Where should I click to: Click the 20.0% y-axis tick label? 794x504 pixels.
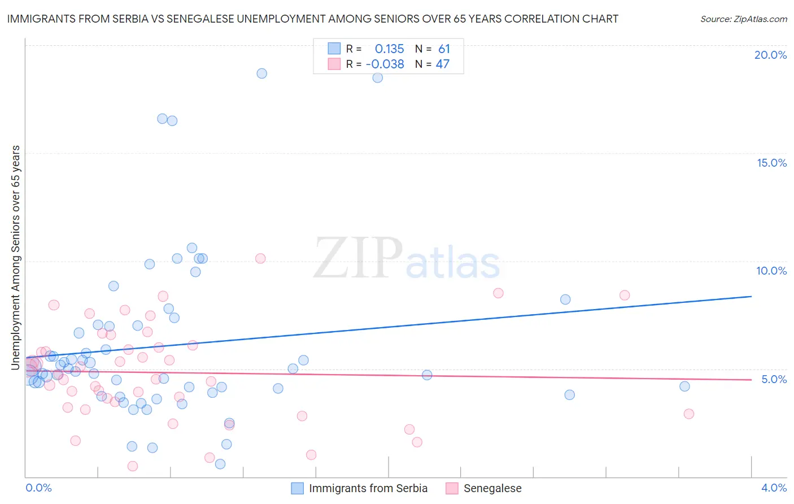pyautogui.click(x=770, y=55)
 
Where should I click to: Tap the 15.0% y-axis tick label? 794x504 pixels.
pyautogui.click(x=771, y=163)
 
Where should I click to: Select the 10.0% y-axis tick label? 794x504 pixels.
pyautogui.click(x=771, y=271)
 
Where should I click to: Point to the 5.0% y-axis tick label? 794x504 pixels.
pyautogui.click(x=774, y=379)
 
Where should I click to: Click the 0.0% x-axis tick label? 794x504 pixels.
pyautogui.click(x=38, y=488)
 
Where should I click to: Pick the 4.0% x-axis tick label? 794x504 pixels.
pyautogui.click(x=774, y=488)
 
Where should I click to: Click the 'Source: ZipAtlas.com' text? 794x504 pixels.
pyautogui.click(x=743, y=19)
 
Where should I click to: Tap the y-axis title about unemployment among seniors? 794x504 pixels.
pyautogui.click(x=15, y=258)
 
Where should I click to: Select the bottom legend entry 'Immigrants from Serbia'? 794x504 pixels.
pyautogui.click(x=368, y=488)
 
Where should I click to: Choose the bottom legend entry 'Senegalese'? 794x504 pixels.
pyautogui.click(x=492, y=488)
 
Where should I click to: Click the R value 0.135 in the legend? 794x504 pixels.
pyautogui.click(x=389, y=49)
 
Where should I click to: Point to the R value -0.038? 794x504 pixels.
pyautogui.click(x=385, y=64)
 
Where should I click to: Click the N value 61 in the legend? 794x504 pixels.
pyautogui.click(x=444, y=49)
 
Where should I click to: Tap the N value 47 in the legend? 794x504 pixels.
pyautogui.click(x=443, y=64)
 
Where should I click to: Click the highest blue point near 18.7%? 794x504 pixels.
pyautogui.click(x=261, y=73)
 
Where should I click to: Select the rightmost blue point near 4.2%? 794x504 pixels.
pyautogui.click(x=684, y=386)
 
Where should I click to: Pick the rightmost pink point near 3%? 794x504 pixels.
pyautogui.click(x=688, y=414)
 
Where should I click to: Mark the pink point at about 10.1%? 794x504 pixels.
pyautogui.click(x=260, y=258)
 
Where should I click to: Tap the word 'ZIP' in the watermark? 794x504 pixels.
pyautogui.click(x=358, y=258)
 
